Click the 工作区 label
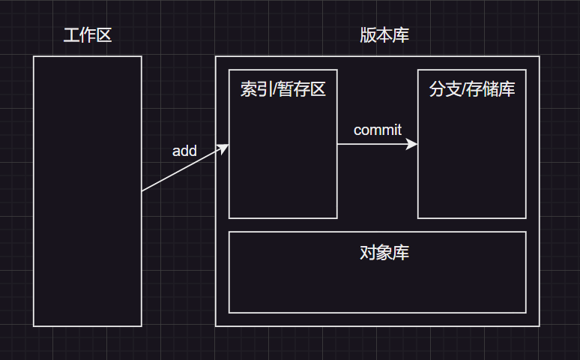tap(88, 35)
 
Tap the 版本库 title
tap(384, 35)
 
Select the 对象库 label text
tap(384, 253)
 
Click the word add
tap(184, 151)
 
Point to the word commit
tap(378, 130)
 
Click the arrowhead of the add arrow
tap(225, 147)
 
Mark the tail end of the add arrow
tap(142, 191)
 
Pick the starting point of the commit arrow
tap(338, 144)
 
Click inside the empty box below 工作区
tap(88, 225)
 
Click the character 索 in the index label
tap(248, 90)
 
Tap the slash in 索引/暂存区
tap(275, 90)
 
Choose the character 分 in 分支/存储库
tap(437, 90)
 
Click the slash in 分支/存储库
tap(464, 90)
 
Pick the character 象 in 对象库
tap(384, 253)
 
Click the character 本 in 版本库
tap(384, 35)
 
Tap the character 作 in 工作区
tap(88, 35)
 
